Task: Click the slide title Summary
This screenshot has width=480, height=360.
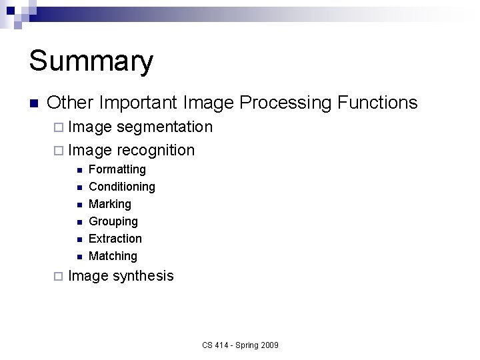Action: [91, 61]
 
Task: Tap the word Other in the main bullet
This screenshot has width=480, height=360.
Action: [70, 103]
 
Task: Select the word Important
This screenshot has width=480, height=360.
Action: [137, 103]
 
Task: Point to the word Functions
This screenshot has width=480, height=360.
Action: [377, 103]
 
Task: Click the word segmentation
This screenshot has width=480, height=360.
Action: [164, 127]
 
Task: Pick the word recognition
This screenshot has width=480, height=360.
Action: [155, 150]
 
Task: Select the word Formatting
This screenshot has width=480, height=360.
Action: [117, 169]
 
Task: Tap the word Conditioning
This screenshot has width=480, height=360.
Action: [121, 187]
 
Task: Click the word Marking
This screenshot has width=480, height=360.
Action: [109, 204]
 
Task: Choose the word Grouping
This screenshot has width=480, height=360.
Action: [113, 221]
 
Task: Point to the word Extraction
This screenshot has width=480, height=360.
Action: [115, 239]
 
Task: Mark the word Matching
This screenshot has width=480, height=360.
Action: [113, 256]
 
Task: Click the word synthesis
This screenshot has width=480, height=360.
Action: [143, 276]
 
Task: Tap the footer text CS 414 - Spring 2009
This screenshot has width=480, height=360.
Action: [240, 345]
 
